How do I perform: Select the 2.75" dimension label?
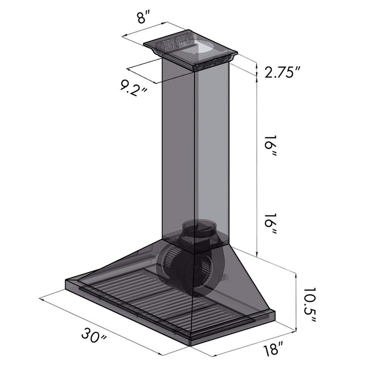pos(284,72)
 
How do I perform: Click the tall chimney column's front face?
pos(179,151)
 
